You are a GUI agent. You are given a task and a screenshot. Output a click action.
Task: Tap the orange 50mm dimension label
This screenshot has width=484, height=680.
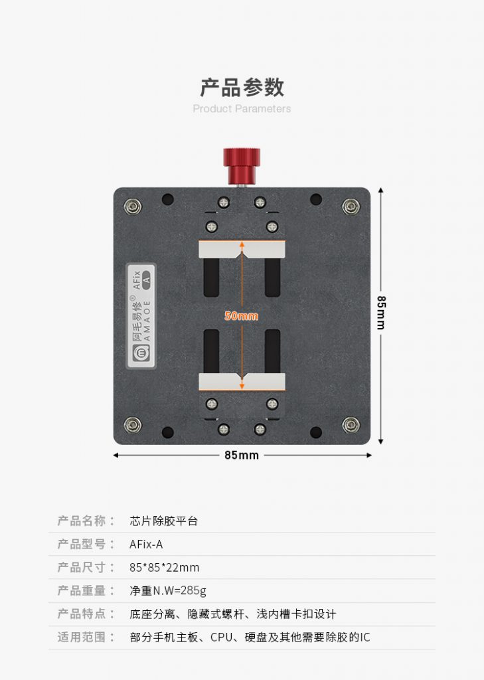click(241, 316)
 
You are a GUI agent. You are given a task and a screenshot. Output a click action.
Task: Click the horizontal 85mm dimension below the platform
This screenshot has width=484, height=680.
click(242, 456)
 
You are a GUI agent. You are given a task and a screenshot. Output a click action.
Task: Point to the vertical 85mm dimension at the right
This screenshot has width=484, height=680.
click(381, 312)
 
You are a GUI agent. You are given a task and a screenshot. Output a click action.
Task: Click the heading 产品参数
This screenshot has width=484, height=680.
click(242, 87)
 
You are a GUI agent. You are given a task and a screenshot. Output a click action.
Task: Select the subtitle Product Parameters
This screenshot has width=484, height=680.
click(242, 108)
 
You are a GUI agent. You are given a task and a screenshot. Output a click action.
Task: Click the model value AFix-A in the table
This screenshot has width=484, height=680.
click(146, 545)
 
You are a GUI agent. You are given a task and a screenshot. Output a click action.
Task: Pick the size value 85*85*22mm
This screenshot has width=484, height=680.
click(165, 568)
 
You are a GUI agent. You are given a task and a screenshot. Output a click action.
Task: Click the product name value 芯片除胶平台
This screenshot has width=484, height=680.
click(164, 521)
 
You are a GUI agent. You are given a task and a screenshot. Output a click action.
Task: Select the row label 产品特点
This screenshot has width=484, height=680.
click(82, 614)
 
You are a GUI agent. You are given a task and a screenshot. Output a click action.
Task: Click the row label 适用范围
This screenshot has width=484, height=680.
click(82, 637)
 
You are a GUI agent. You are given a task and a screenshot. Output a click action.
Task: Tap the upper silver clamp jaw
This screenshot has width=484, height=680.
click(242, 250)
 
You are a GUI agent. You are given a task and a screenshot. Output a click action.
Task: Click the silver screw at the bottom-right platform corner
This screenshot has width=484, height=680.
click(350, 424)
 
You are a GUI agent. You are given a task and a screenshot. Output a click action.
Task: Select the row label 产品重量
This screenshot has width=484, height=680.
click(82, 591)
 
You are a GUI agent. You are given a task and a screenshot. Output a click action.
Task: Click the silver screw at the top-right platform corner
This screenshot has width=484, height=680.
click(350, 207)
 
